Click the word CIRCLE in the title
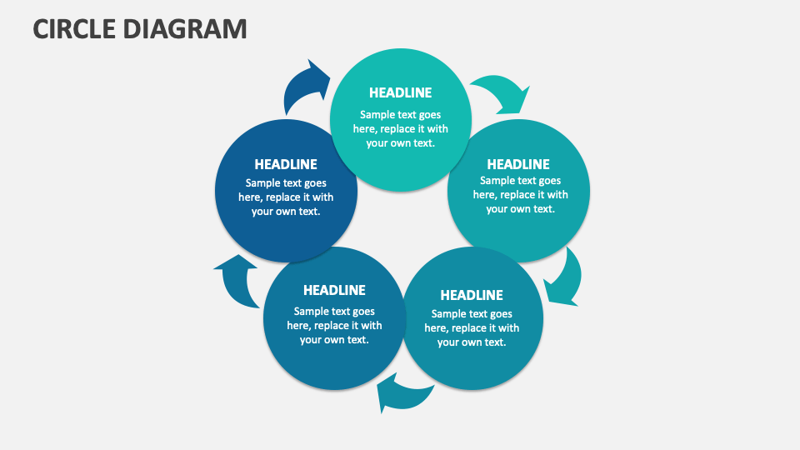coord(73,28)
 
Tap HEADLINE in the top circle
coord(400,92)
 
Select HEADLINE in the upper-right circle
coord(518,164)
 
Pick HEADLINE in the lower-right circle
coord(472,295)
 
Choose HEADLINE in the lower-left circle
coord(334,290)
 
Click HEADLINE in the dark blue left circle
coord(286,164)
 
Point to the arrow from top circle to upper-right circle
coord(500,92)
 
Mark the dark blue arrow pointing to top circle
coord(305,87)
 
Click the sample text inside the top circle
coord(400,128)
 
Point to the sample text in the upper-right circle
coord(520,194)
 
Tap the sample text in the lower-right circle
coord(472,327)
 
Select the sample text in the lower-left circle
coord(334,325)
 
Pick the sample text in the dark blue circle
coord(286,197)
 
